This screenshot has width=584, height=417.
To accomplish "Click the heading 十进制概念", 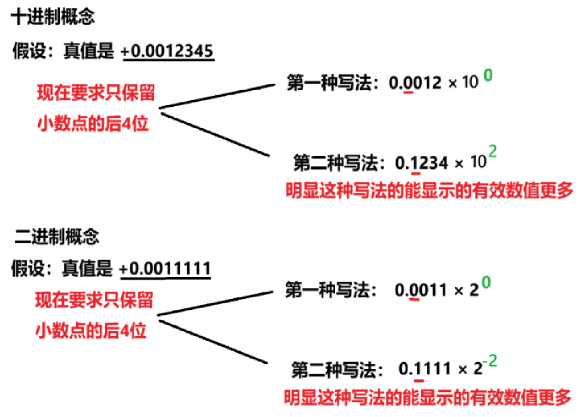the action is (x=53, y=17).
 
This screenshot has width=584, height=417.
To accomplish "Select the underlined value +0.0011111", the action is (x=166, y=269).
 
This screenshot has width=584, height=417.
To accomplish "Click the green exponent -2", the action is (x=491, y=359).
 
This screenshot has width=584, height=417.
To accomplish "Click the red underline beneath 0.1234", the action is (x=416, y=173).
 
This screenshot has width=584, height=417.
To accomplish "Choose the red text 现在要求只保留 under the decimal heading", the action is (x=96, y=93).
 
